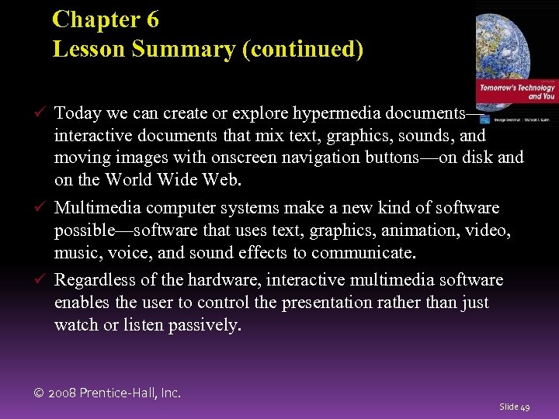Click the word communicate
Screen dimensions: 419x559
pyautogui.click(x=365, y=253)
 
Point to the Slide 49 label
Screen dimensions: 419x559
pyautogui.click(x=515, y=407)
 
